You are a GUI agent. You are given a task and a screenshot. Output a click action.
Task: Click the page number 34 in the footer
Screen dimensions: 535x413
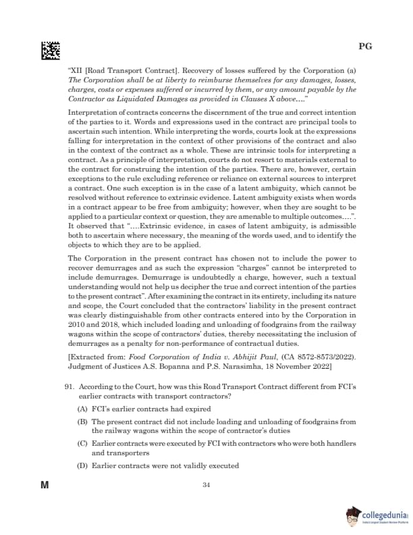click(206, 484)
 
